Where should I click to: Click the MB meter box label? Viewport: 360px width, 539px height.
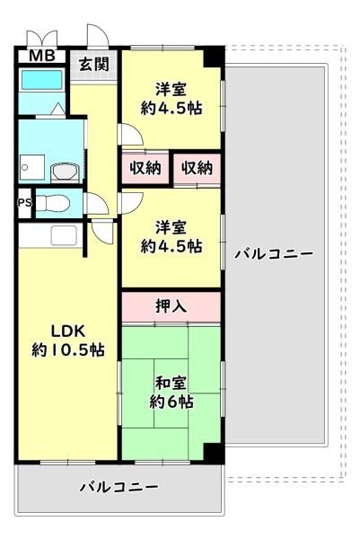(x=42, y=56)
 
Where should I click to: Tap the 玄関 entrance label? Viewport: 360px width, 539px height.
(x=93, y=65)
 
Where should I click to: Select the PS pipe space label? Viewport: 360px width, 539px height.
(x=25, y=203)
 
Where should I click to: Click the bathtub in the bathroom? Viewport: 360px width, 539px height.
(x=42, y=80)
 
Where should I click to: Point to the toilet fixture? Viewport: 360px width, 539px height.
(x=53, y=203)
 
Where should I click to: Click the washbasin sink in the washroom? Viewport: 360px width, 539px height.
(x=65, y=172)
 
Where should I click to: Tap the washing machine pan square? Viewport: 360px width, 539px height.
(x=32, y=167)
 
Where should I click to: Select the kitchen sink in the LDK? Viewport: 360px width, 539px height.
(x=64, y=235)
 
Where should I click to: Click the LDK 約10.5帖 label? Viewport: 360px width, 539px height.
(x=68, y=340)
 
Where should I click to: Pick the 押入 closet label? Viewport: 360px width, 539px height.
(x=171, y=305)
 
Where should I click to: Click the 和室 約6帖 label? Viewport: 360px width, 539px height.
(x=171, y=393)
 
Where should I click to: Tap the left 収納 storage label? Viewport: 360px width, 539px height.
(x=145, y=168)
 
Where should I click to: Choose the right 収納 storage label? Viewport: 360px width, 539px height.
(x=197, y=168)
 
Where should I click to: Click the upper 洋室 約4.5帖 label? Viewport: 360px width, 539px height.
(x=171, y=99)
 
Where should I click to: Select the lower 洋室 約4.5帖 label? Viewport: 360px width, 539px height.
(x=171, y=237)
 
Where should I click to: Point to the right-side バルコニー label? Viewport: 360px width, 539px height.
(x=274, y=254)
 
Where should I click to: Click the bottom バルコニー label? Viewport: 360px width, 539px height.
(x=119, y=487)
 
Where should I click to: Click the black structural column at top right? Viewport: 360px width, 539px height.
(x=214, y=57)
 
